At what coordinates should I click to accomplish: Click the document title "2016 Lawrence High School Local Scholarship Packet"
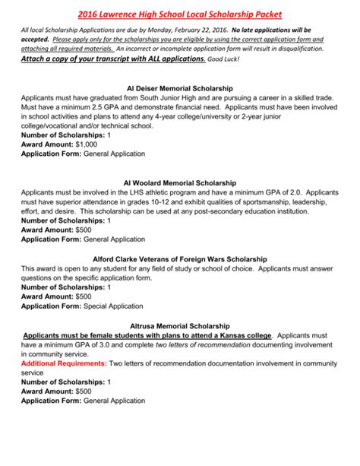[179, 11]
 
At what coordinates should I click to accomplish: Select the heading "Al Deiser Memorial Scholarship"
[180, 89]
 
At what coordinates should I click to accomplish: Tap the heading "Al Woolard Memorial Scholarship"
[180, 182]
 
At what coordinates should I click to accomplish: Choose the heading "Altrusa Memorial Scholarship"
[180, 323]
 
